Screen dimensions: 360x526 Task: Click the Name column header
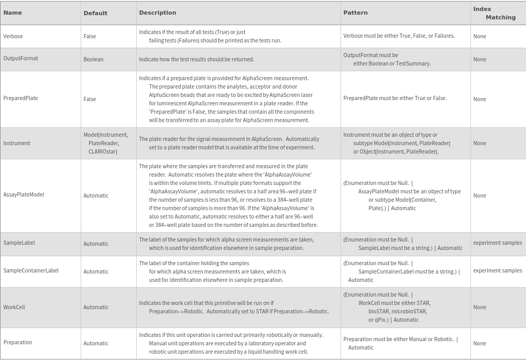pyautogui.click(x=13, y=13)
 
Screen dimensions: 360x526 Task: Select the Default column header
pyautogui.click(x=95, y=13)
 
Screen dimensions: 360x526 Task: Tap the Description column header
pyautogui.click(x=157, y=13)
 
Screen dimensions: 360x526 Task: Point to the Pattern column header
pyautogui.click(x=355, y=13)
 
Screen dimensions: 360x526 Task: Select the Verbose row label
pyautogui.click(x=13, y=36)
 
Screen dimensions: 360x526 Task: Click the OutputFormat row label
pyautogui.click(x=20, y=58)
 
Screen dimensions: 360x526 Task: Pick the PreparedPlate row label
pyautogui.click(x=20, y=98)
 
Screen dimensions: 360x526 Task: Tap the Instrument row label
pyautogui.click(x=17, y=143)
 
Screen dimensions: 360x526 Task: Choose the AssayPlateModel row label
pyautogui.click(x=24, y=194)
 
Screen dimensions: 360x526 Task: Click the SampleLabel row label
pyautogui.click(x=19, y=243)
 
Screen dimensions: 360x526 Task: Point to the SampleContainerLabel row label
pyautogui.click(x=31, y=270)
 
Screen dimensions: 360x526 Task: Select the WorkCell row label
pyautogui.click(x=14, y=307)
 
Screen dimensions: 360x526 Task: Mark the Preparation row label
pyautogui.click(x=18, y=342)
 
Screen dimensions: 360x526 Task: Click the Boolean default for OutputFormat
pyautogui.click(x=93, y=59)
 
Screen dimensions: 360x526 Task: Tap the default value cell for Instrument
pyautogui.click(x=105, y=143)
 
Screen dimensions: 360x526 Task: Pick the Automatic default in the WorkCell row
pyautogui.click(x=96, y=308)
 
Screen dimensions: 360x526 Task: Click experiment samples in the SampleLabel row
pyautogui.click(x=497, y=243)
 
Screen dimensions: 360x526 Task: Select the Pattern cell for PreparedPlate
pyautogui.click(x=395, y=98)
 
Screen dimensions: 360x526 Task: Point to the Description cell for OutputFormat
pyautogui.click(x=196, y=59)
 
